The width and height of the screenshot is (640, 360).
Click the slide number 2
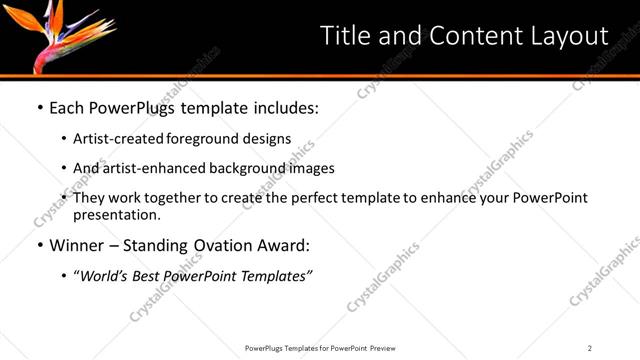[590, 348]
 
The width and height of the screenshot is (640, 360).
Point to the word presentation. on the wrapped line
[116, 215]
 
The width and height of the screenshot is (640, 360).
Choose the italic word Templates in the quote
[276, 276]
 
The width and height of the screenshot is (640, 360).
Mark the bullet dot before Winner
[40, 246]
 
